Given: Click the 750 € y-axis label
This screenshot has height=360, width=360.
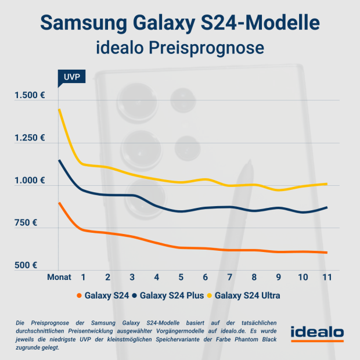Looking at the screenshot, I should [34, 223].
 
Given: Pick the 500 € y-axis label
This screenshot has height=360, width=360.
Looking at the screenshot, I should [34, 265].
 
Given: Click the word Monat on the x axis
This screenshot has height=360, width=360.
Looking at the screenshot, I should [59, 278].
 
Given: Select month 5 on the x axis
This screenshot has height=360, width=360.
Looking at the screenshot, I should [181, 278].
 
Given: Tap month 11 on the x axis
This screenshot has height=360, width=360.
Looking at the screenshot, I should [327, 278].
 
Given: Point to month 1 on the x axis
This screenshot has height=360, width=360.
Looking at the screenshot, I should [84, 278].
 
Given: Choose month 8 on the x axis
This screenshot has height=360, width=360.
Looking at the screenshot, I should [254, 278].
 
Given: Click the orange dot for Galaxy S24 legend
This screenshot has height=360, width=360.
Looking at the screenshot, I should [79, 296].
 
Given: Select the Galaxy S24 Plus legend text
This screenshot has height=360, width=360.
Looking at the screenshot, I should [171, 296].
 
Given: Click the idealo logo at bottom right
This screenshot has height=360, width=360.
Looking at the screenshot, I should [316, 333].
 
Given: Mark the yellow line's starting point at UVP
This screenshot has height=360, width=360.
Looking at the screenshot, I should [59, 110].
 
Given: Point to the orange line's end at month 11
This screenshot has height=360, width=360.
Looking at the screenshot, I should [327, 253].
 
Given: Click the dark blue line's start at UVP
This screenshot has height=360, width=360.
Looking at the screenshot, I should [59, 160].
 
